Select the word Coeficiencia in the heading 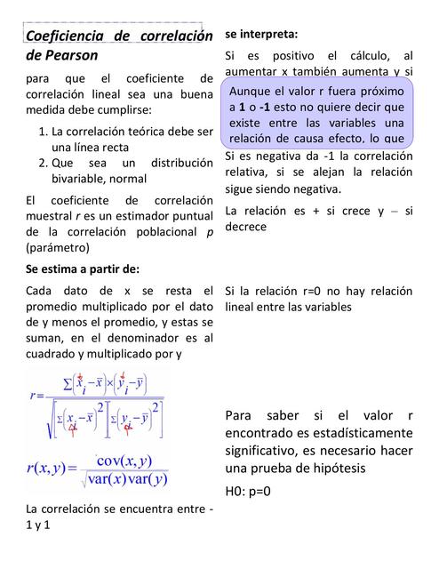coord(63,36)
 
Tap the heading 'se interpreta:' coord(261,34)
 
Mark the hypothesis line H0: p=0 coord(248,491)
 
